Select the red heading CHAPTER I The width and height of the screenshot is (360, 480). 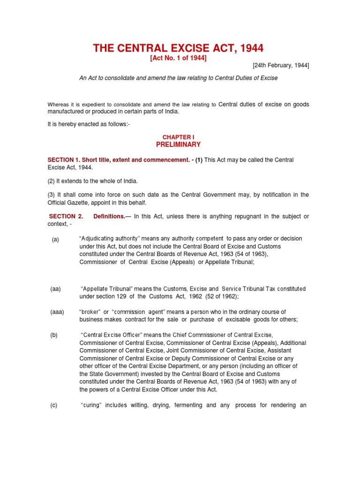coord(178,137)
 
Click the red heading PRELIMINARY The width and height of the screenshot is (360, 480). coord(178,144)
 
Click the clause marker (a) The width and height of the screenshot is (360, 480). coord(55,240)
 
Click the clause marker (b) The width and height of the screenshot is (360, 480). coord(55,336)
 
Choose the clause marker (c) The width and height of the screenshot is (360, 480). coord(54,405)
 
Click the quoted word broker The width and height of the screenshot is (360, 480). coord(90,312)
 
